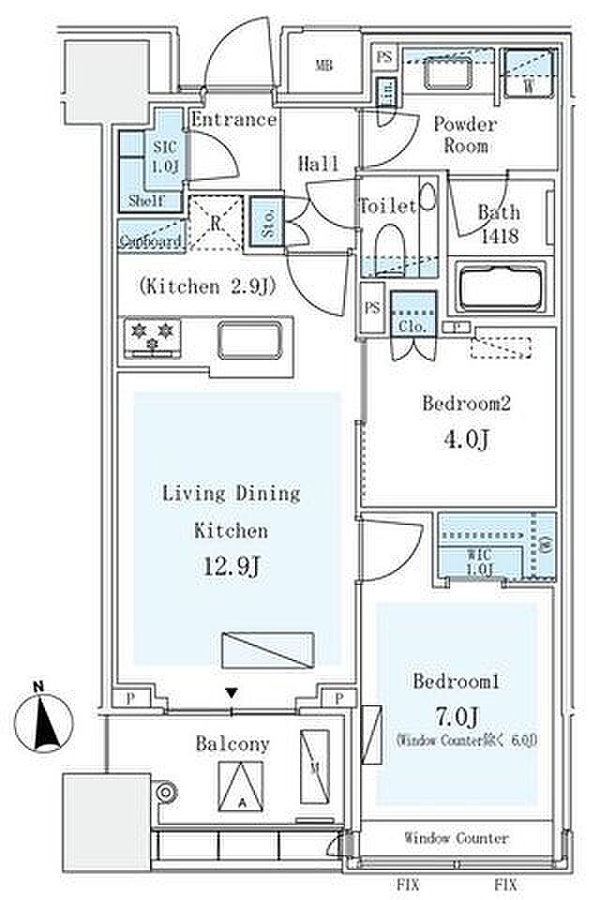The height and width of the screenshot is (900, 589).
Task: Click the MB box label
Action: [x=324, y=66]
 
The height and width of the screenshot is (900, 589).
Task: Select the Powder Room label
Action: [x=465, y=135]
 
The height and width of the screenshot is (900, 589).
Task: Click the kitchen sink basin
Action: [x=249, y=338]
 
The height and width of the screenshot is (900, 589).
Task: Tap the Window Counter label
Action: [x=457, y=837]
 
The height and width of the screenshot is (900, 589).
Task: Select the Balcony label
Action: [x=233, y=744]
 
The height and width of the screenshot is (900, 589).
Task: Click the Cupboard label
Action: [x=149, y=241]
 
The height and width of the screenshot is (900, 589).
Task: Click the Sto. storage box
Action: [x=264, y=223]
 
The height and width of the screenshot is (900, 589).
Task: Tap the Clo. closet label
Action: [x=414, y=327]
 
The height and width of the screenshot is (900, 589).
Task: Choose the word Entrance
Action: [x=234, y=120]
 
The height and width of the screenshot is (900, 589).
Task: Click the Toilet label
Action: [x=386, y=206]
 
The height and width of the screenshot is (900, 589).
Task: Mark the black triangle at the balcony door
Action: [x=232, y=694]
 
